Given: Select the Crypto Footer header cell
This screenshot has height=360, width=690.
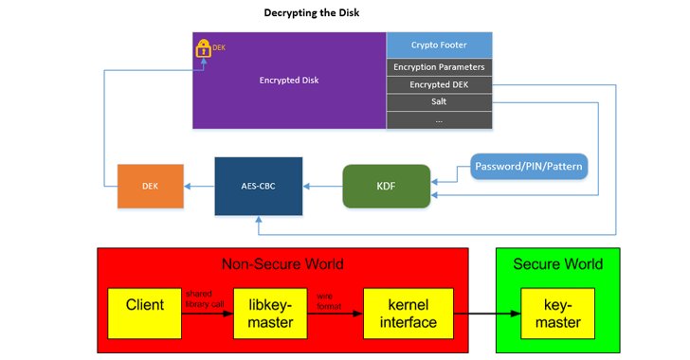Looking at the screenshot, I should click(x=439, y=45).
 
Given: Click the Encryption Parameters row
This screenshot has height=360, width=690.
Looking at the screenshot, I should click(x=439, y=67).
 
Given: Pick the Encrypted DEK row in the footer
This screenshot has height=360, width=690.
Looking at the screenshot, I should click(x=439, y=84).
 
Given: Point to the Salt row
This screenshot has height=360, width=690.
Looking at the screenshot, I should click(x=439, y=101).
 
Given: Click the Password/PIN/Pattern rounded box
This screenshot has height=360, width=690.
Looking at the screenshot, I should click(x=529, y=166).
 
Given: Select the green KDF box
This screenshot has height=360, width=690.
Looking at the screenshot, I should click(x=386, y=187).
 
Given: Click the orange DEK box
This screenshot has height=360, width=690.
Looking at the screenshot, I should click(x=150, y=186).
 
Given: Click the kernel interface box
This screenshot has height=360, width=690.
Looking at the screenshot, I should click(x=402, y=314).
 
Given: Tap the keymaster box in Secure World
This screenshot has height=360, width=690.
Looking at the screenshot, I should click(x=557, y=314).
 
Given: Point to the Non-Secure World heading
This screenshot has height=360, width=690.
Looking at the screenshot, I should click(x=282, y=263).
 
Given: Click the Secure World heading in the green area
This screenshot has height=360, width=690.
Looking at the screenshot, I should click(x=557, y=263).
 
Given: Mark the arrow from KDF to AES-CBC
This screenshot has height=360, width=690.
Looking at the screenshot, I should click(x=322, y=187).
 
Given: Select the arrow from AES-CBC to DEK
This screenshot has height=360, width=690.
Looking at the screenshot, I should click(x=198, y=187).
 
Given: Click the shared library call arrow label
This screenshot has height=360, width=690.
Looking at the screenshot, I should click(x=205, y=298).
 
